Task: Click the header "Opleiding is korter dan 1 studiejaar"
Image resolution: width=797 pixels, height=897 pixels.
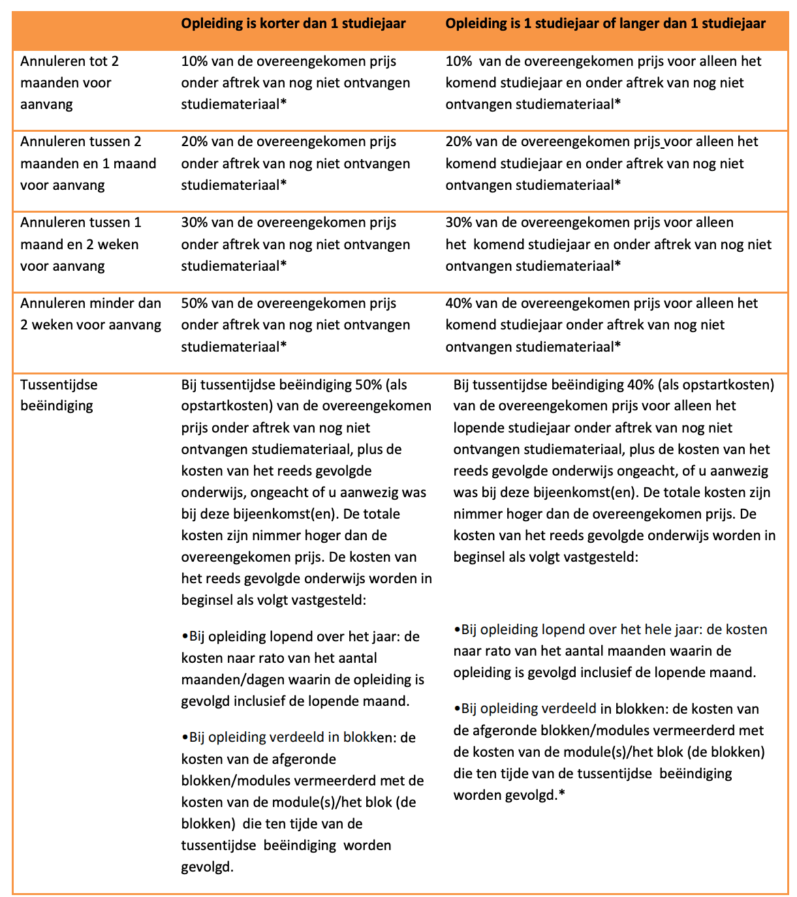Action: [x=293, y=23]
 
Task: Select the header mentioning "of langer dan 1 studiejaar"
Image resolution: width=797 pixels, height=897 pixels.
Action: [x=605, y=23]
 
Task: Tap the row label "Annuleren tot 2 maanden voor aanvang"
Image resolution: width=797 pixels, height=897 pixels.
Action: [x=70, y=83]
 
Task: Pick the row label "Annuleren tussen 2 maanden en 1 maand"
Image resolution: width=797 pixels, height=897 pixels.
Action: [x=88, y=163]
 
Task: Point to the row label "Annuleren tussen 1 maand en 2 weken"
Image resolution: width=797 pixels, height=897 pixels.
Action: [x=80, y=244]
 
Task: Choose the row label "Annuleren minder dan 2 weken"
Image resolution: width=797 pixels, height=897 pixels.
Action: [x=91, y=314]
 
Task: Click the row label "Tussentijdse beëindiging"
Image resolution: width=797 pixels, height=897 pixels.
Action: [x=59, y=395]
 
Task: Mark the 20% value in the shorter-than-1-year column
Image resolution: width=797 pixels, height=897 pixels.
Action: [x=194, y=142]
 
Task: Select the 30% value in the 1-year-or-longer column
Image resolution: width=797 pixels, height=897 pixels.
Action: [x=459, y=222]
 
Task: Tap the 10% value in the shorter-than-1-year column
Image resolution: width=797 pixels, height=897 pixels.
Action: [x=194, y=61]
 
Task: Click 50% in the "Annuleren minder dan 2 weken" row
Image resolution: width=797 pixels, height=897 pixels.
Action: [x=194, y=303]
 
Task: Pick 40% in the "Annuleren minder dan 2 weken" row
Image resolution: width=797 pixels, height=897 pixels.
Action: [x=459, y=303]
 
